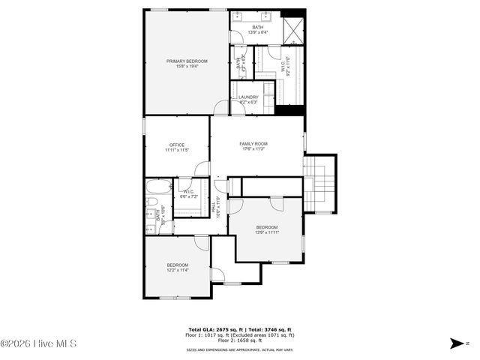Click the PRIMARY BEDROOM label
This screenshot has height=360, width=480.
pyautogui.click(x=187, y=61)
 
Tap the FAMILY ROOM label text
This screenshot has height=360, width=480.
pyautogui.click(x=253, y=143)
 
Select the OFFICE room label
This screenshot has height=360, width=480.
pyautogui.click(x=177, y=145)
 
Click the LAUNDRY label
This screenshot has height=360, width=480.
pyautogui.click(x=248, y=97)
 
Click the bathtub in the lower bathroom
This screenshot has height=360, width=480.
pyautogui.click(x=158, y=187)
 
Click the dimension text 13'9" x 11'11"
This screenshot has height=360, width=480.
pyautogui.click(x=267, y=232)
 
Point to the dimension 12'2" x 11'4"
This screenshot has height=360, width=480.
pyautogui.click(x=178, y=270)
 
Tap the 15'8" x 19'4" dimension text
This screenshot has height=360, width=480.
pyautogui.click(x=187, y=67)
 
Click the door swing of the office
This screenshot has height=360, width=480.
pyautogui.click(x=201, y=169)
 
